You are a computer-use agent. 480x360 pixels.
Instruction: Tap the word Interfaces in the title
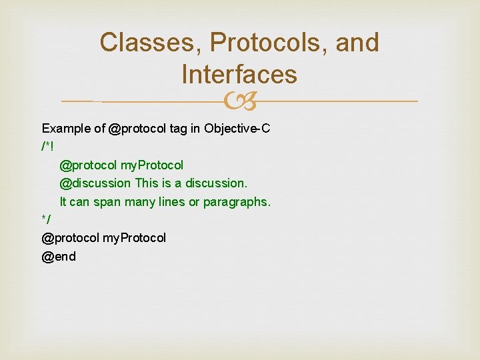click(x=239, y=74)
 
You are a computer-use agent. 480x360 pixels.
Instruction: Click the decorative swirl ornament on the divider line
click(x=240, y=102)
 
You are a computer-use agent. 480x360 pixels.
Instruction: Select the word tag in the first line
click(x=179, y=129)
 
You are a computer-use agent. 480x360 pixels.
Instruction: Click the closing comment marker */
click(x=46, y=219)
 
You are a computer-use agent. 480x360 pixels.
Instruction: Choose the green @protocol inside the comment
click(x=89, y=165)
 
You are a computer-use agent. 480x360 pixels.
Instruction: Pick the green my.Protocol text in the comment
click(x=152, y=165)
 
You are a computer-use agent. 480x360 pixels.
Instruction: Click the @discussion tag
click(x=95, y=183)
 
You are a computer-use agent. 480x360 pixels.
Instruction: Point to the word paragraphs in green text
click(x=237, y=201)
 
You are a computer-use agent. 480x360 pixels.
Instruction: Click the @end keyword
click(x=59, y=256)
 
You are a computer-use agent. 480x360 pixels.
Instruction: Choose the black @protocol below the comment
click(x=71, y=238)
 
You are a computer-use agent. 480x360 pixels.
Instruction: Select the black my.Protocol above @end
click(x=134, y=238)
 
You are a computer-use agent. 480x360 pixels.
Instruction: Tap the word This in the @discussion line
click(x=147, y=183)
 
